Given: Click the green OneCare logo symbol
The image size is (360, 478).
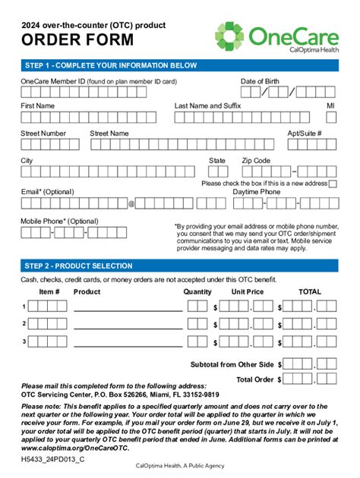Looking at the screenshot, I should click(x=230, y=36).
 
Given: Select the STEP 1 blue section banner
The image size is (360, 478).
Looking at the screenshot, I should click(x=179, y=65).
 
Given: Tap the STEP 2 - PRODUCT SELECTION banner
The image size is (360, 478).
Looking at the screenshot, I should click(x=179, y=266).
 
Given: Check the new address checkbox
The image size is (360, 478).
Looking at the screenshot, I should click(x=333, y=184).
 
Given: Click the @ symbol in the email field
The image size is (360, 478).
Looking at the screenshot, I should click(x=131, y=203).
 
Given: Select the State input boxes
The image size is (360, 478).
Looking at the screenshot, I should click(x=217, y=172).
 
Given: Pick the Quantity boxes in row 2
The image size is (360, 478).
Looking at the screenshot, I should click(x=197, y=324).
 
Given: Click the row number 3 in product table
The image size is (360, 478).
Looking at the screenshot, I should click(x=24, y=341).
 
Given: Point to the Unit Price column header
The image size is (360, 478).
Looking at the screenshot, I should click(x=248, y=291).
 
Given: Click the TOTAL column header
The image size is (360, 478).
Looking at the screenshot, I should click(x=310, y=291).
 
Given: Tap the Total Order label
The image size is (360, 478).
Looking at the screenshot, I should click(x=254, y=379).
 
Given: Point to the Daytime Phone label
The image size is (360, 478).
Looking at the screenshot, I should click(x=257, y=192).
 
